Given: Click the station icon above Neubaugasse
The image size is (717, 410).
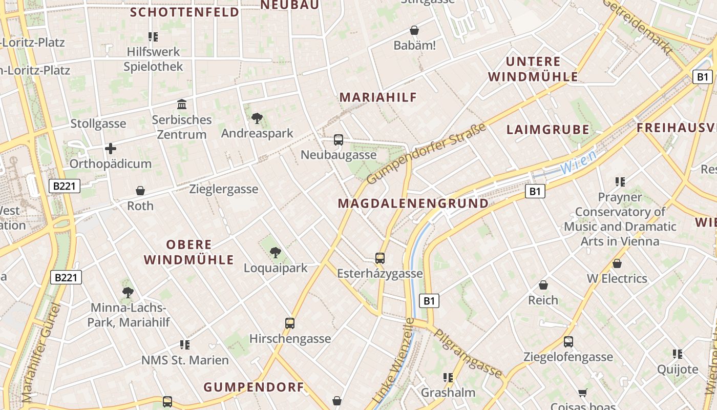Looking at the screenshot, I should tap(338, 139).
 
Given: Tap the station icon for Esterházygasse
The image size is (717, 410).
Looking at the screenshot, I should tap(379, 258).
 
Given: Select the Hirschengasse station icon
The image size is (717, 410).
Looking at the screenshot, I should tap(290, 323).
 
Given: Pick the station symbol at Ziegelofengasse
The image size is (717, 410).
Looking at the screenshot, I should tap(568, 342).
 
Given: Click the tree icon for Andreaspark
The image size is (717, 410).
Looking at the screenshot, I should tap(257, 119).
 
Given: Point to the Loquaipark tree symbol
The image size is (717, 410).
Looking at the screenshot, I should tap(275, 252).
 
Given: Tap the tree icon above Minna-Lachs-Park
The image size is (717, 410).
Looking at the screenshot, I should tap(128, 293).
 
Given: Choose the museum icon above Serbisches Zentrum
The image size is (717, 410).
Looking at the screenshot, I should tap(181, 105).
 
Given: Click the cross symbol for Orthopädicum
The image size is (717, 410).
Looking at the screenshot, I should tap(110, 149).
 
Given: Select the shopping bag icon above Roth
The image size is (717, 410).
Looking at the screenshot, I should tap(140, 191).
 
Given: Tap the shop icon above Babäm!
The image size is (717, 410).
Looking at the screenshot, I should tap(414, 31).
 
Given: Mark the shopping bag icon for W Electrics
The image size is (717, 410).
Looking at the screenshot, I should tap(617, 263).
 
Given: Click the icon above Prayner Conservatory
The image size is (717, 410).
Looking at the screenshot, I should tap(620, 182).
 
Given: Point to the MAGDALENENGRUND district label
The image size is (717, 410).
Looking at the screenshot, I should tap(413, 203).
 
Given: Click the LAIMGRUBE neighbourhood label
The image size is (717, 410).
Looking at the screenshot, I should tap(547, 130).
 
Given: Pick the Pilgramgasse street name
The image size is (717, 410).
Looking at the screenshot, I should tap(468, 354).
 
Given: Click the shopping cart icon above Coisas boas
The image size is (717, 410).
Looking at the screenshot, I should tap(582, 393).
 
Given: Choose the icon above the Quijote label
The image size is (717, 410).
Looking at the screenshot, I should tap(677, 354).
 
